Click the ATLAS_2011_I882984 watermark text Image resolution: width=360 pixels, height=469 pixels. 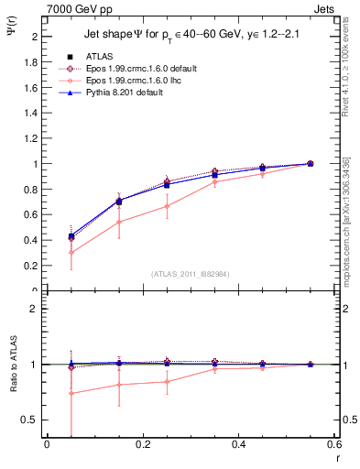pos(191,274)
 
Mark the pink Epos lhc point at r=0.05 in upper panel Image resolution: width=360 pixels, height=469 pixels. pos(71,253)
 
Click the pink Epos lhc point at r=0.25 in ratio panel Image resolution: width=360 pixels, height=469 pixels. pos(167,382)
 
